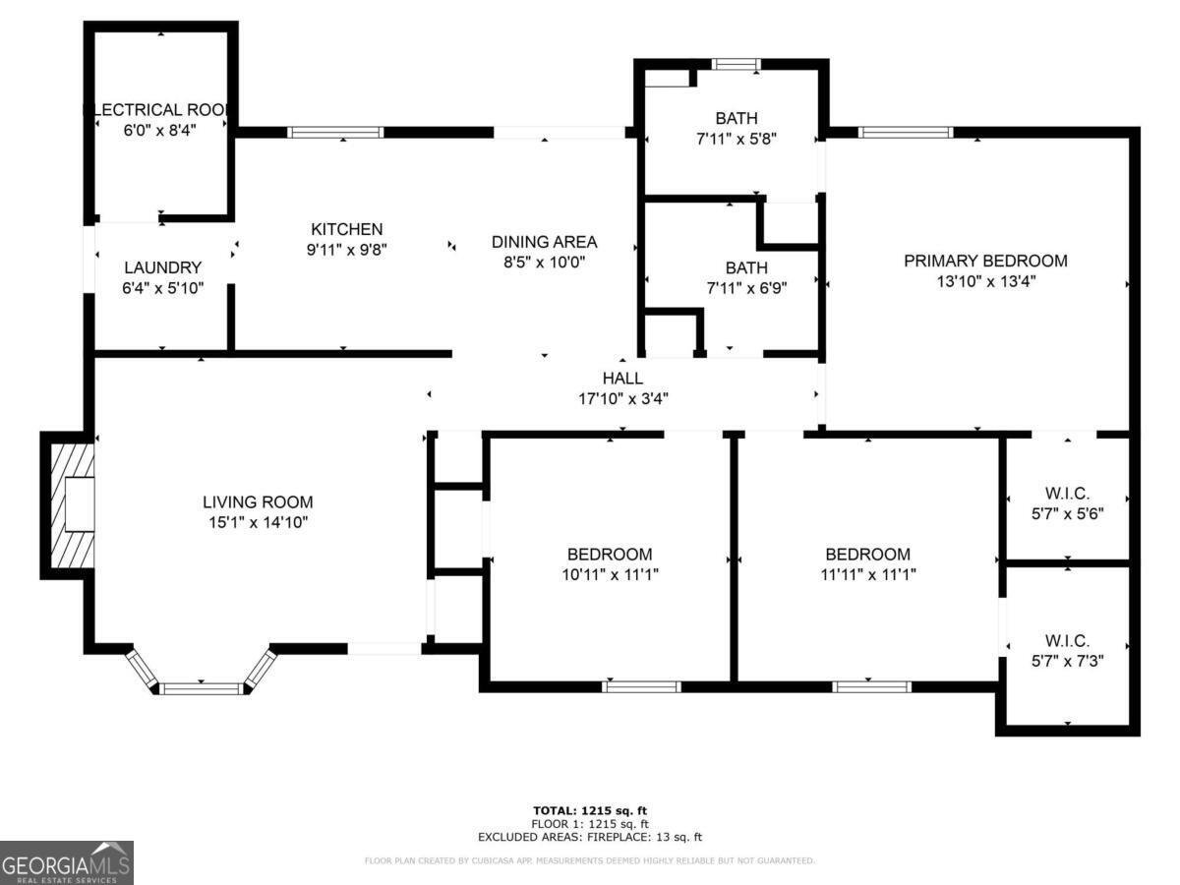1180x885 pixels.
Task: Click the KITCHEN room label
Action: click(344, 229)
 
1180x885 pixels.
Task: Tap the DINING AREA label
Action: click(544, 242)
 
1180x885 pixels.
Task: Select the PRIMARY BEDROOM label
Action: click(985, 261)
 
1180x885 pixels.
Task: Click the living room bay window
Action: click(202, 687)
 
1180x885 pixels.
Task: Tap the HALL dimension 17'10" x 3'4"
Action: click(622, 398)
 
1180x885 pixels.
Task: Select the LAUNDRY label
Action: click(163, 267)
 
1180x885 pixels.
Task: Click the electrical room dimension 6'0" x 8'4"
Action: click(160, 130)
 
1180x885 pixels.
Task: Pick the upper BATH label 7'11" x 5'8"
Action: click(737, 119)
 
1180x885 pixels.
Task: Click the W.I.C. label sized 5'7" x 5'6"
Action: click(1068, 494)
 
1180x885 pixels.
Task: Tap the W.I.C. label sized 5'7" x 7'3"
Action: click(1068, 640)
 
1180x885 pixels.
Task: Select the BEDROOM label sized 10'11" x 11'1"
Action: click(609, 555)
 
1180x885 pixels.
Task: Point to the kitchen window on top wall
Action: click(335, 133)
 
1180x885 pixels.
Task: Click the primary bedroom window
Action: click(905, 133)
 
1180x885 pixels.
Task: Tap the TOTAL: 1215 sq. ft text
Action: click(590, 810)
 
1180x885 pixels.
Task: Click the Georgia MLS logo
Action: click(67, 862)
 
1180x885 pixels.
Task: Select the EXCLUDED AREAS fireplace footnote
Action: click(590, 837)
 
